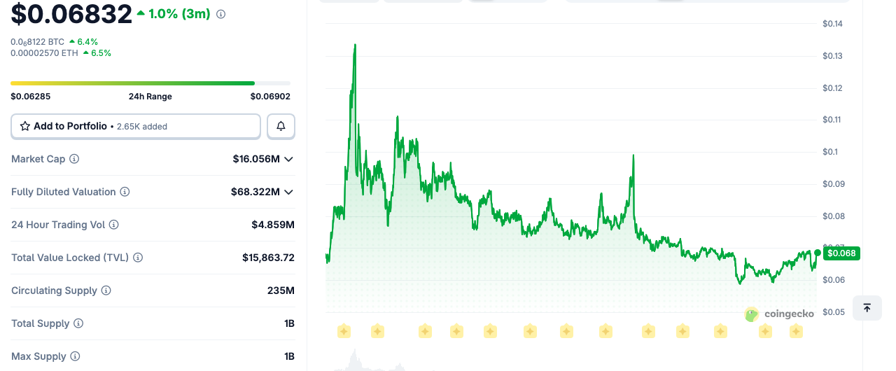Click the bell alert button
pyautogui.click(x=281, y=126)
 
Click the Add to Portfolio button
pyautogui.click(x=136, y=126)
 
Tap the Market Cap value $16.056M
pyautogui.click(x=256, y=159)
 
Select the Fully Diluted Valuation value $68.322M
pyautogui.click(x=255, y=192)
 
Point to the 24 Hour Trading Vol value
pyautogui.click(x=273, y=225)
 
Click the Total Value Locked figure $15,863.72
pyautogui.click(x=268, y=258)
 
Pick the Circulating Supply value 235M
pyautogui.click(x=281, y=290)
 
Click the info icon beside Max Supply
pyautogui.click(x=75, y=356)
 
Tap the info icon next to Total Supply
pyautogui.click(x=78, y=323)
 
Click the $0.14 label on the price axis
pyautogui.click(x=832, y=24)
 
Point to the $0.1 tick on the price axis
pyautogui.click(x=830, y=152)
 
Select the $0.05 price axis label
pyautogui.click(x=834, y=311)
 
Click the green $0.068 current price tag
pyautogui.click(x=841, y=253)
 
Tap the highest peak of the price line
pyautogui.click(x=355, y=44)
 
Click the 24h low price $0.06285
pyautogui.click(x=30, y=97)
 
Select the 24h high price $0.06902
pyautogui.click(x=270, y=97)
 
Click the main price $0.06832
pyautogui.click(x=71, y=13)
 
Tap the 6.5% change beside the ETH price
pyautogui.click(x=101, y=53)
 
